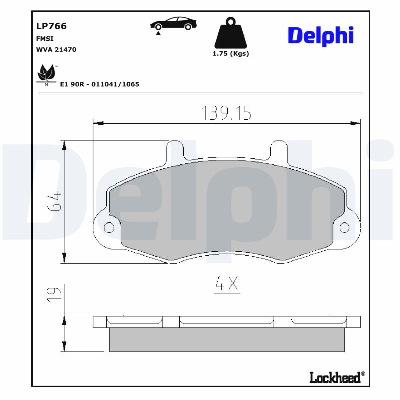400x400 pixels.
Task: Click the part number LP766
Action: click(51, 26)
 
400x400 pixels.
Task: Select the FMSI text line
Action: click(45, 38)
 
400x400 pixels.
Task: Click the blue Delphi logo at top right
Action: click(321, 35)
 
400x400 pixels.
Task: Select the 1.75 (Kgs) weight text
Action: click(230, 54)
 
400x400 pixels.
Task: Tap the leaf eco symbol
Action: click(47, 74)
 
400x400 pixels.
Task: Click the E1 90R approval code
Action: click(99, 84)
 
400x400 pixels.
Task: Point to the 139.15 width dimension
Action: click(226, 113)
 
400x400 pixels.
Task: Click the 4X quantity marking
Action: click(227, 285)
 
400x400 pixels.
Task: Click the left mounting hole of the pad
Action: click(109, 228)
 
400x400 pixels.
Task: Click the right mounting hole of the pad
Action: click(344, 228)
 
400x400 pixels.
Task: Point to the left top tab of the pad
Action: click(175, 150)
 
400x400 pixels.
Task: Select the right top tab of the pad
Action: click(278, 150)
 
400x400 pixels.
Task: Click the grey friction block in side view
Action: click(226, 339)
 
